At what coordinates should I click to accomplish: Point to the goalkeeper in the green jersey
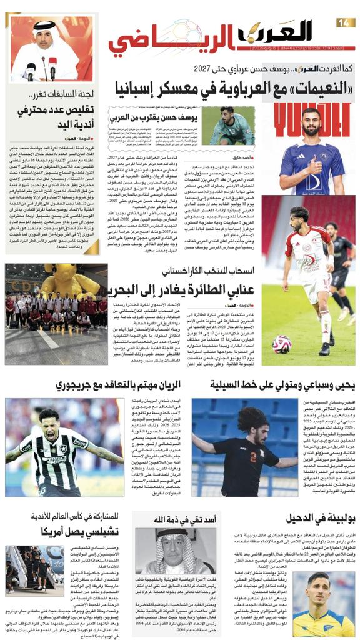231,127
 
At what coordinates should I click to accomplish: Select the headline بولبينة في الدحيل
317,519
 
